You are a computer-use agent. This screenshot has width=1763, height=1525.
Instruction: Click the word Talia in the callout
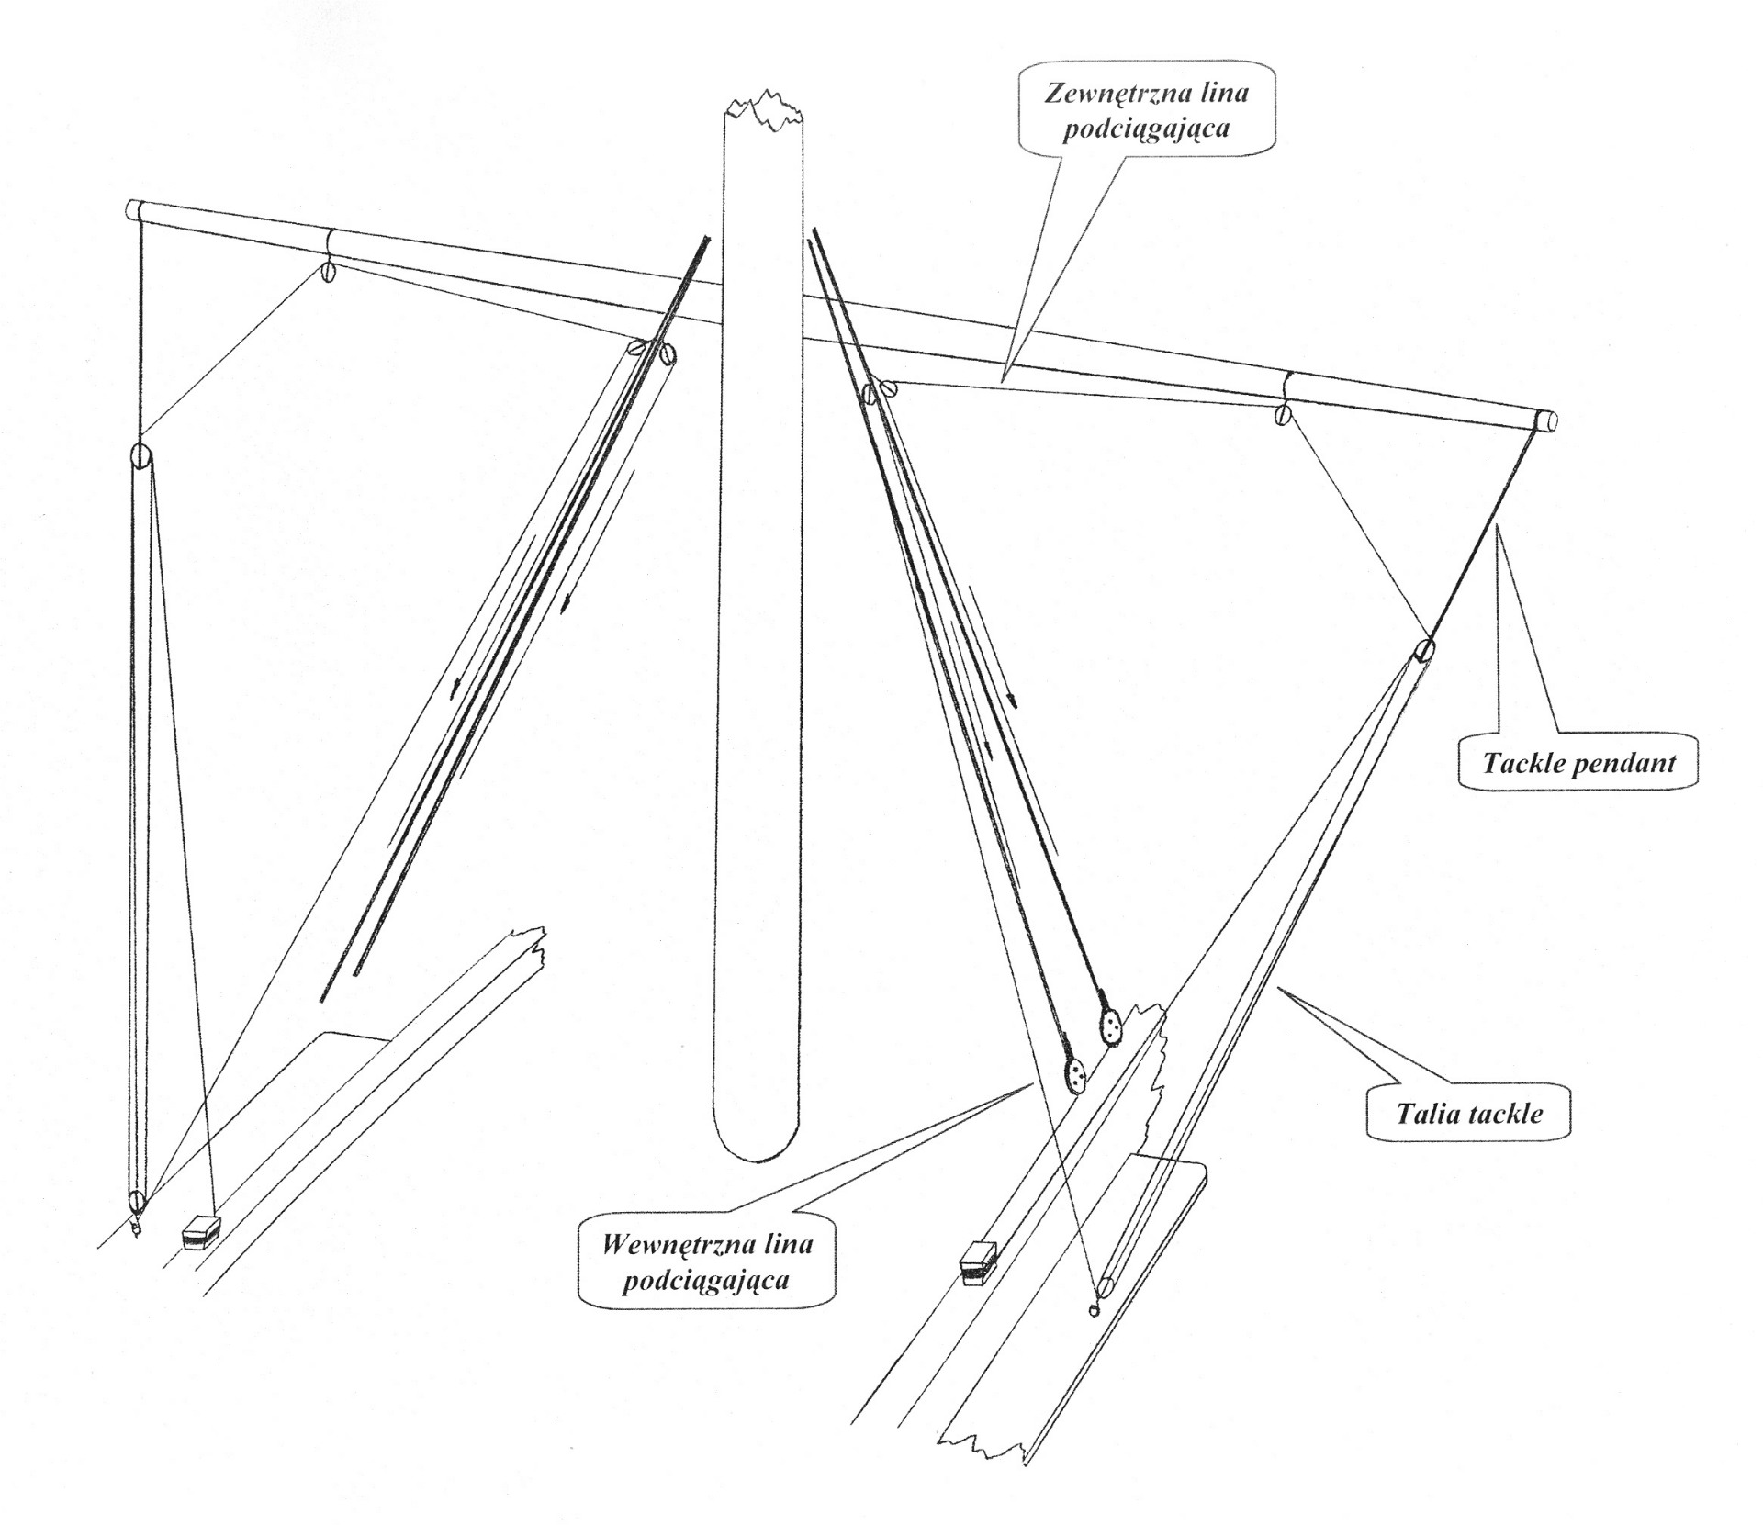tap(1424, 1115)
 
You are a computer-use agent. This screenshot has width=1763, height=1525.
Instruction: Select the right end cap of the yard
tap(1545, 421)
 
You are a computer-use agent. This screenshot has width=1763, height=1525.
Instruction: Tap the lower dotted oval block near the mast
tap(1074, 1073)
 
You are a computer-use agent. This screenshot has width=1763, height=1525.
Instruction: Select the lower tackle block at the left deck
tap(137, 1200)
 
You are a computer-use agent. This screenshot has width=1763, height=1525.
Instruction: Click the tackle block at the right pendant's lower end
tap(1424, 650)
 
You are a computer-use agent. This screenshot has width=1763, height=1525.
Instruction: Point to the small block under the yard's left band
tap(328, 272)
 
